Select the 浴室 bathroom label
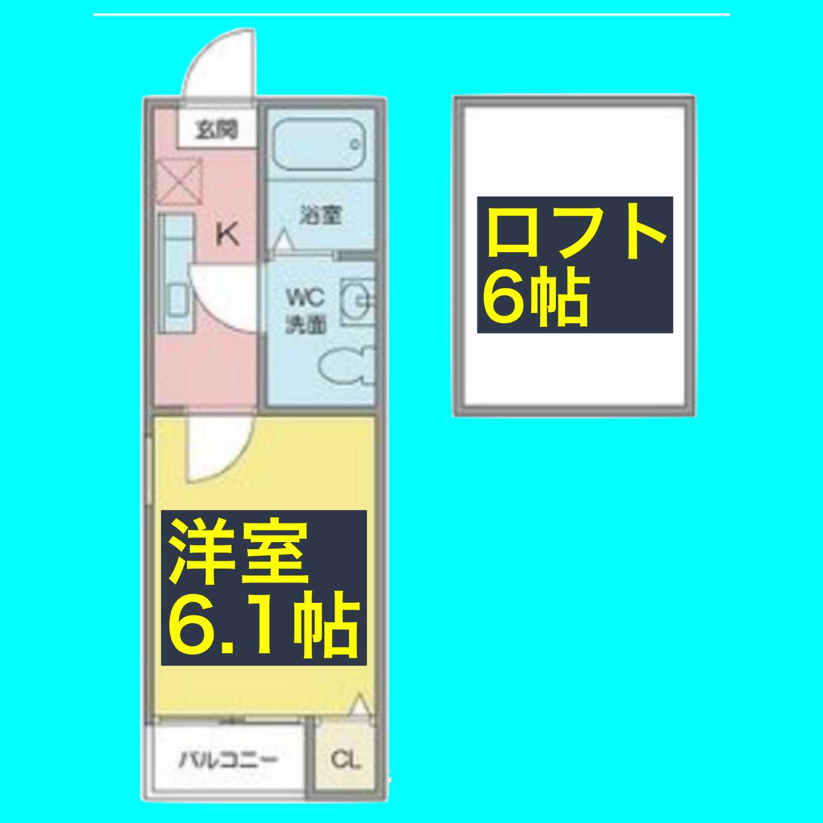tap(321, 215)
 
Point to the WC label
tap(305, 298)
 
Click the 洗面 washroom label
tap(305, 325)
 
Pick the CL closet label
tap(345, 759)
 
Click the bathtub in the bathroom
tap(319, 145)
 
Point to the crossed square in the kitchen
tap(179, 182)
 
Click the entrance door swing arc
tap(217, 63)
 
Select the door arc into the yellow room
tap(217, 446)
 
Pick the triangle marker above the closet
tap(360, 705)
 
